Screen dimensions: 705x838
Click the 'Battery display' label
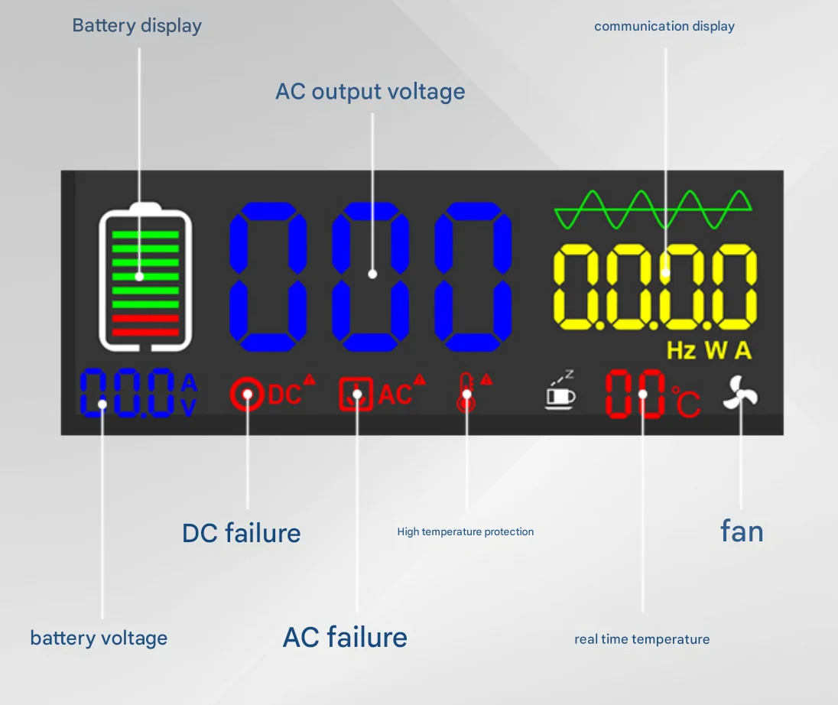click(137, 25)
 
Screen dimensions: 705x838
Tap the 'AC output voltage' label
click(370, 92)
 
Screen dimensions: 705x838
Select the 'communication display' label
click(664, 26)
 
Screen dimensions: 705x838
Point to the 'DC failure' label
click(241, 533)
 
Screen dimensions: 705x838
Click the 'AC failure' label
click(345, 637)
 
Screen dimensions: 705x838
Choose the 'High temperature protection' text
click(465, 531)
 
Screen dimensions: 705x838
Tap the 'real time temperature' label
click(641, 639)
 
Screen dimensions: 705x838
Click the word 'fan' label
click(742, 531)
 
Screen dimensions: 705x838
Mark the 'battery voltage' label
click(99, 638)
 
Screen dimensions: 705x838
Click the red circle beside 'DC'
click(247, 395)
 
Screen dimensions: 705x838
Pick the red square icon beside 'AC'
click(356, 395)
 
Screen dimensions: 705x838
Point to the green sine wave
click(653, 210)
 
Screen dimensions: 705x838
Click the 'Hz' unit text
click(681, 351)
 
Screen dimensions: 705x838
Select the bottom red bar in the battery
click(145, 333)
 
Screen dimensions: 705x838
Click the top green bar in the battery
click(145, 235)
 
